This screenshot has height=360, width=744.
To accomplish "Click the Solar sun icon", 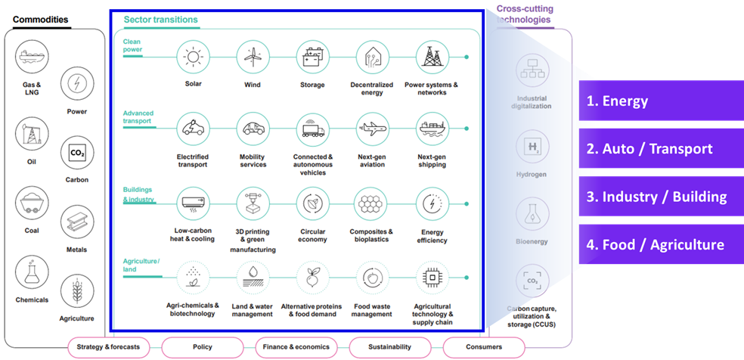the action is pos(193,57).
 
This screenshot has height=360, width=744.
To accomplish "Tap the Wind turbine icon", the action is pos(253,57).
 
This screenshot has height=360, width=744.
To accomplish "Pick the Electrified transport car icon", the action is pos(193,129).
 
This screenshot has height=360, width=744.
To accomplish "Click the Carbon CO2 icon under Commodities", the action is pos(77,154).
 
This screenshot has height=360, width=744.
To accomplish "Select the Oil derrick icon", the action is pos(32,134).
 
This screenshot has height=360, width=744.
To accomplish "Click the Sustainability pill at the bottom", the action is pos(390,347).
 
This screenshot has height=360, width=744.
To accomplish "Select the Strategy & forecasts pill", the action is pos(108,347).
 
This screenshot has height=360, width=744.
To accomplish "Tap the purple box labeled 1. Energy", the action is pos(662,101).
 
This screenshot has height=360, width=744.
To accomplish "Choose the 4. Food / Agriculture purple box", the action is pos(662,244).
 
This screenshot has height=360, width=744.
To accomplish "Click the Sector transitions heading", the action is pos(161,20).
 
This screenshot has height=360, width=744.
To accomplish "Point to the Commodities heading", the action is pos(40,20).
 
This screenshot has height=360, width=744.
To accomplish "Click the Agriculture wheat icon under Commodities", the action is pos(77,291).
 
